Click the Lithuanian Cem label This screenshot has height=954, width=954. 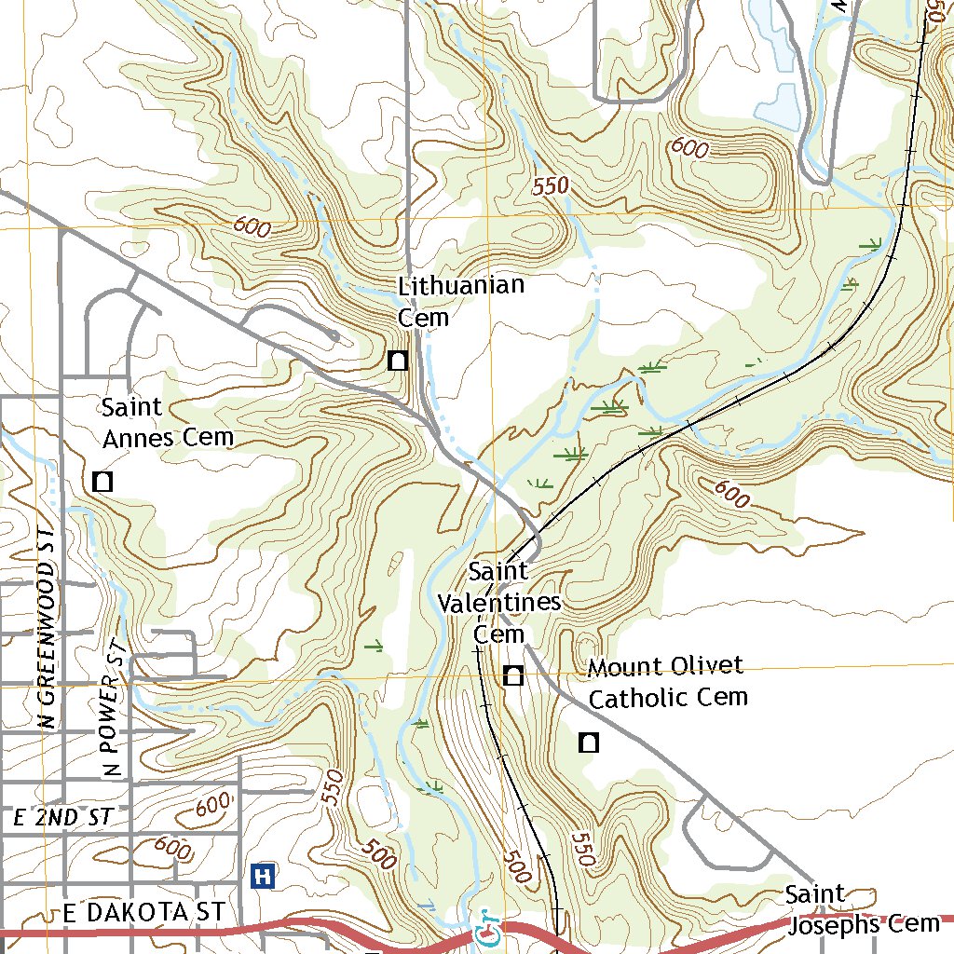coord(460,301)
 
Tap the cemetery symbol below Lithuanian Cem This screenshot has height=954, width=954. coord(398,360)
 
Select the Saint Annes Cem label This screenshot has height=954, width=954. coord(167,422)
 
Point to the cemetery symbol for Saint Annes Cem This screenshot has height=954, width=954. coord(102,482)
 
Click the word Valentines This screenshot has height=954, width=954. coord(499,602)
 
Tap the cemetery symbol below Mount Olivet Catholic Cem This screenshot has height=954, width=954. coord(588,742)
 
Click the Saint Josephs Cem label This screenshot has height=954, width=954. coord(862,910)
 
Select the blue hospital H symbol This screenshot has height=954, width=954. coord(263,875)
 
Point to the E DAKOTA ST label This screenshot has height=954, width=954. coord(144,912)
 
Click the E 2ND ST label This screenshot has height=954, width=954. coord(63,818)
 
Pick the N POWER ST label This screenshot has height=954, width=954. coord(113,708)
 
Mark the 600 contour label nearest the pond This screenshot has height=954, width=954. coord(688,147)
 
